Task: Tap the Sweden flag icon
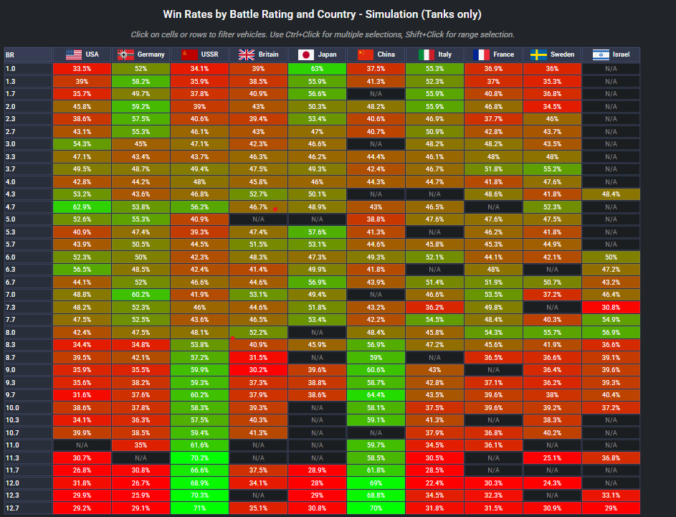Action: click(539, 54)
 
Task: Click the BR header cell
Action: click(27, 54)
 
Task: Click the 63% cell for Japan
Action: click(317, 69)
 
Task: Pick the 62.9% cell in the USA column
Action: click(82, 206)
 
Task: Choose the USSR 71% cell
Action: click(199, 508)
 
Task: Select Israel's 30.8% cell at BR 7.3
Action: click(611, 307)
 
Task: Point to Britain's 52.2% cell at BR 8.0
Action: click(258, 333)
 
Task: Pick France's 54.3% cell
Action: click(493, 333)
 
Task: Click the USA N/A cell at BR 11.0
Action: click(82, 445)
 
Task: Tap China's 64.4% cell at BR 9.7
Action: click(376, 394)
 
